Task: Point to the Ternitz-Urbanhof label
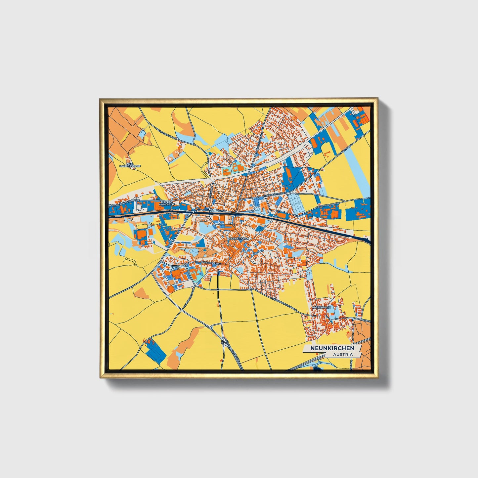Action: pyautogui.click(x=166, y=203)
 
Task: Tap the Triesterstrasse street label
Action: pyautogui.click(x=211, y=263)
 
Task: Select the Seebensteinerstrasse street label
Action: pyautogui.click(x=284, y=304)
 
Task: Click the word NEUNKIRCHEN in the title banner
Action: pyautogui.click(x=332, y=348)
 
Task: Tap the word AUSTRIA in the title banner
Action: pyautogui.click(x=343, y=355)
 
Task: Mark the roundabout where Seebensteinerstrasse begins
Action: pyautogui.click(x=251, y=289)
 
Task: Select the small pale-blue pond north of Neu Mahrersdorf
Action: pyautogui.click(x=143, y=133)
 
